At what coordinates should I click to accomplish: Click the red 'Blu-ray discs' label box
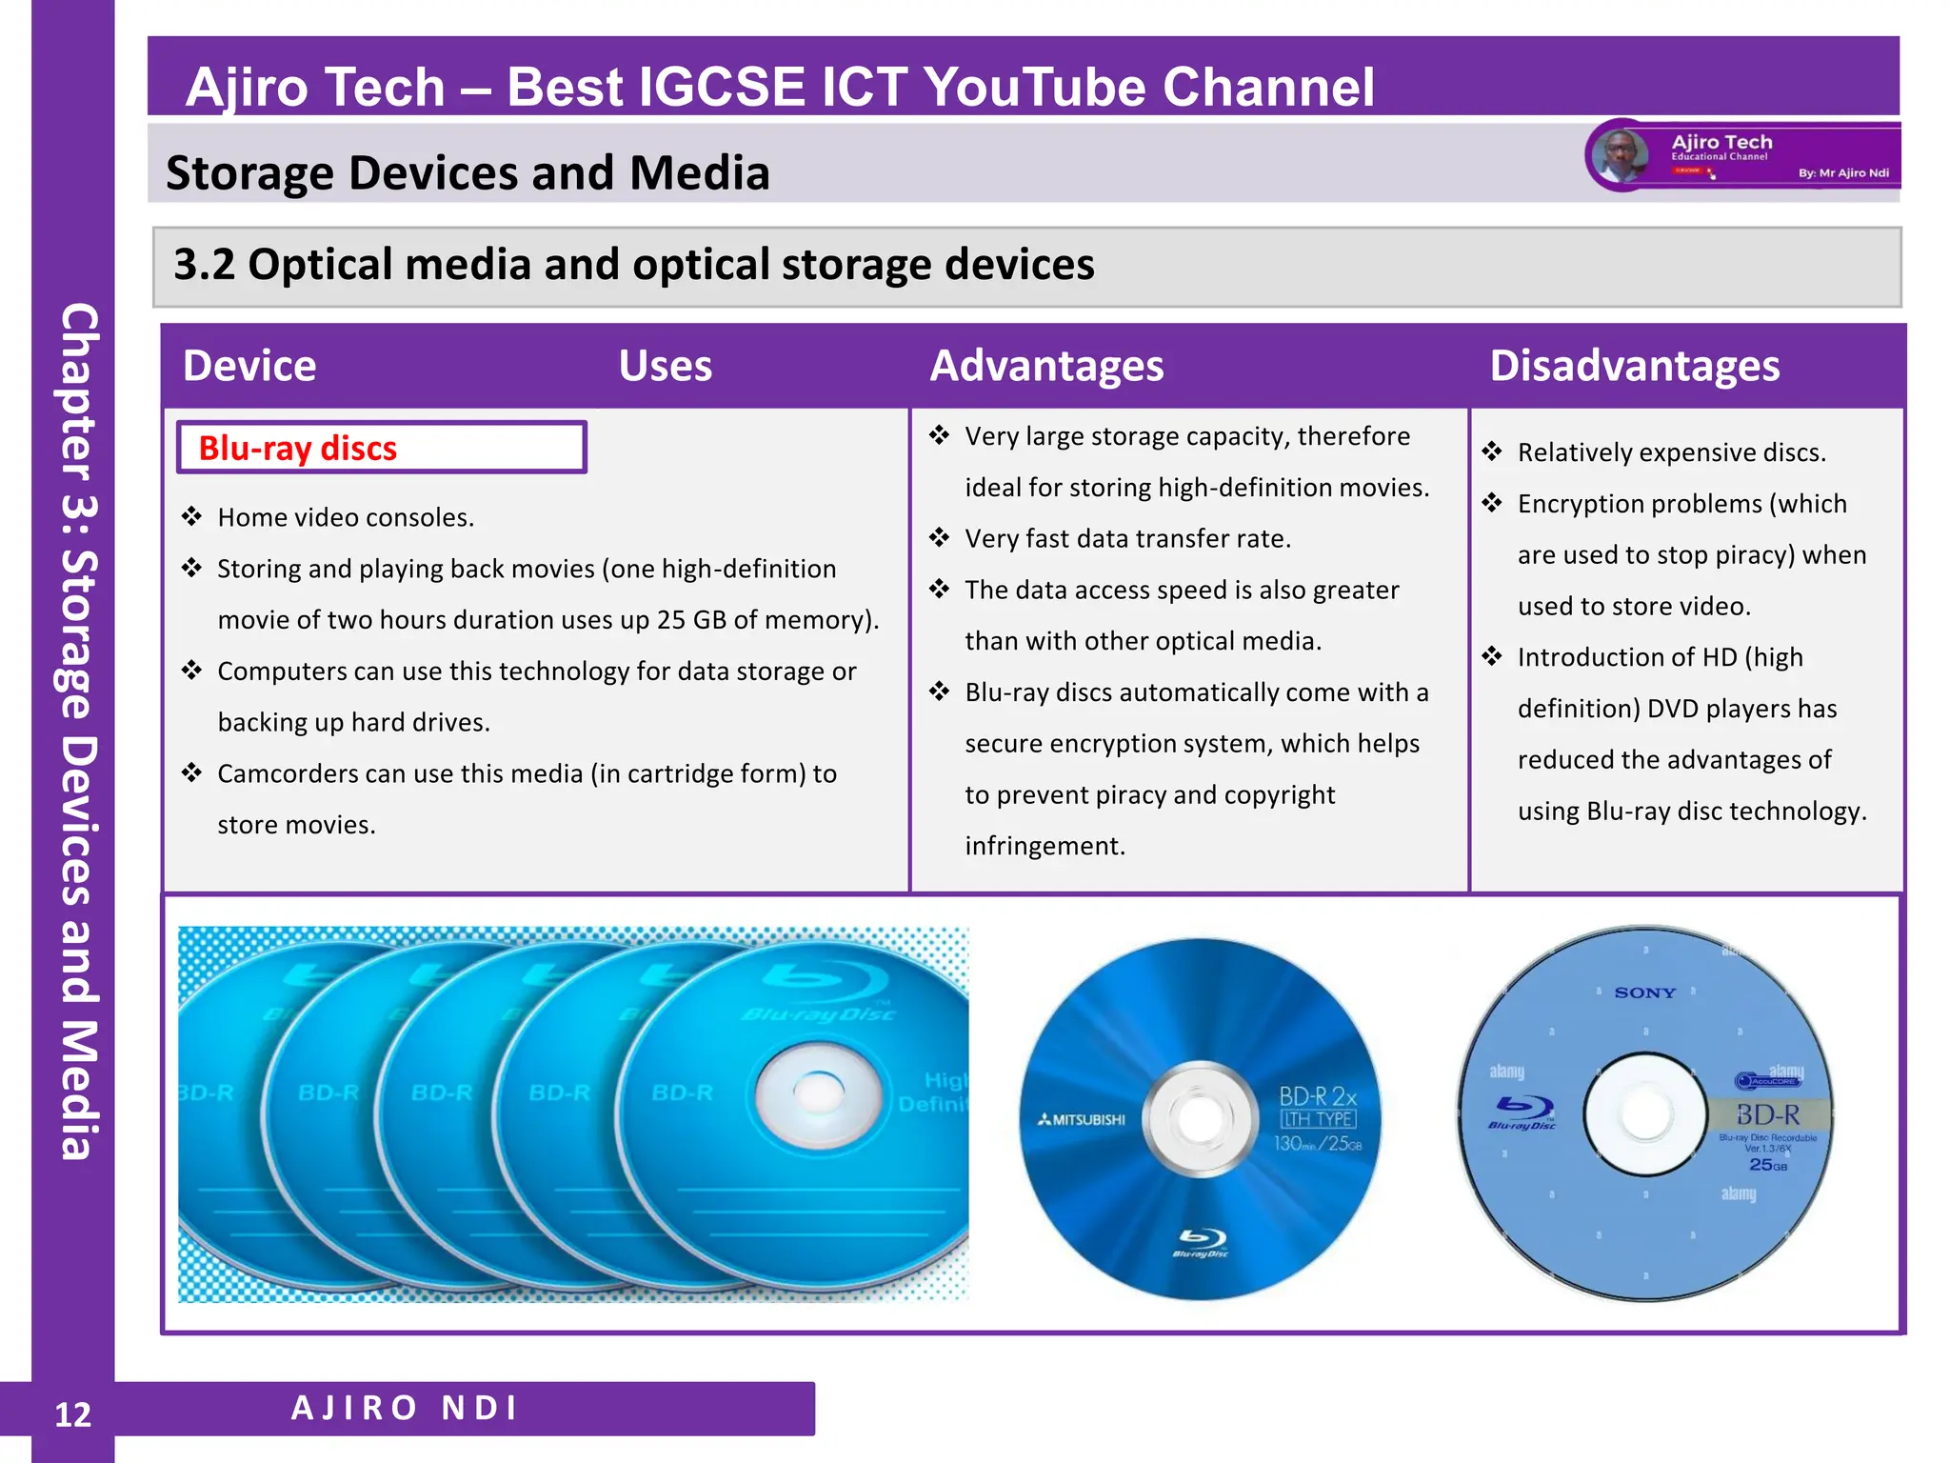point(381,448)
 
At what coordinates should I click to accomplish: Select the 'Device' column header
point(249,366)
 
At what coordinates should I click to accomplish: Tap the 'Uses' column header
point(665,366)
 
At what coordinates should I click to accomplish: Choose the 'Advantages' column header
point(1046,366)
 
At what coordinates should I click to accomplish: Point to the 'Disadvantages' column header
point(1634,366)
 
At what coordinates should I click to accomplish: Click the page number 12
point(72,1414)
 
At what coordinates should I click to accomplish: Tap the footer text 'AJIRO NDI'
point(405,1408)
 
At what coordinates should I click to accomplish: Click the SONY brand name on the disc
point(1644,992)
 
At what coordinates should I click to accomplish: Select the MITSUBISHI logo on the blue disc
point(1082,1119)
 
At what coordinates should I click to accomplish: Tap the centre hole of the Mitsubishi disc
point(1200,1116)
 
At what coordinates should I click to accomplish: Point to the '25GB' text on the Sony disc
point(1767,1165)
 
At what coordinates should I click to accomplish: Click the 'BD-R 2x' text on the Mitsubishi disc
point(1317,1096)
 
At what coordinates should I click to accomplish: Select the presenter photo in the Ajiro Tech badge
point(1620,155)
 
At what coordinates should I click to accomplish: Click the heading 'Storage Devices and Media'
point(468,173)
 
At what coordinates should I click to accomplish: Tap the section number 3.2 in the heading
point(204,265)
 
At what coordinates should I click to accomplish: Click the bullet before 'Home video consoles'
point(192,517)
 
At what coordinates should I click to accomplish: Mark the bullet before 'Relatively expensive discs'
point(1492,451)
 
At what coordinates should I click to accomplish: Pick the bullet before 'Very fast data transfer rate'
point(940,538)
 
